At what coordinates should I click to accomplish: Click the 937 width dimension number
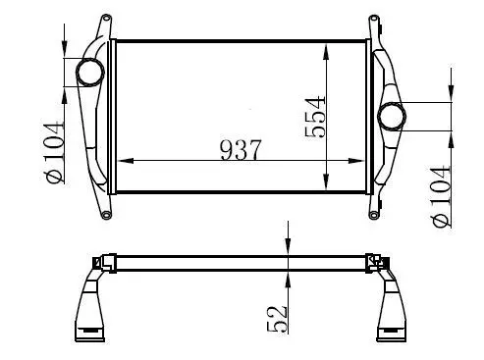[x=241, y=150]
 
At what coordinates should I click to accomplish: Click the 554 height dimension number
[x=315, y=117]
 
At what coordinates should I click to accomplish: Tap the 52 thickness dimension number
[x=277, y=319]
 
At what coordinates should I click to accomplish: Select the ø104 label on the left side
[x=54, y=152]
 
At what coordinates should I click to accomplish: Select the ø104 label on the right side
[x=441, y=196]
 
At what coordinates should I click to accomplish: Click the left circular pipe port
[x=90, y=73]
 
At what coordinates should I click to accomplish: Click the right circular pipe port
[x=392, y=117]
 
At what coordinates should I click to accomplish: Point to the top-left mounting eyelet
[x=106, y=18]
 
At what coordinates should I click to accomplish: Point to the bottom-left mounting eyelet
[x=106, y=215]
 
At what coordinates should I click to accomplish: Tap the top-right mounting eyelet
[x=373, y=19]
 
